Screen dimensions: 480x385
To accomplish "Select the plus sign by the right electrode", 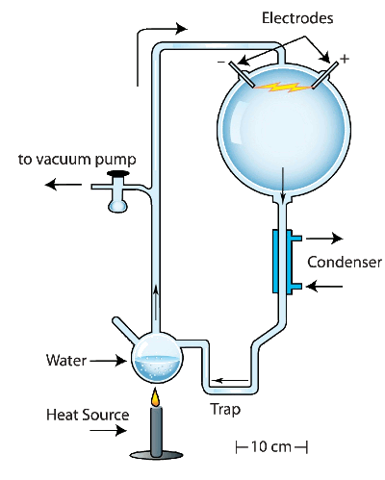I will pyautogui.click(x=345, y=60).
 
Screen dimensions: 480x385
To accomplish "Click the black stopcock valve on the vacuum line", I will pyautogui.click(x=117, y=175).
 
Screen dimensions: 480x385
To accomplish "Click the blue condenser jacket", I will pyautogui.click(x=279, y=261).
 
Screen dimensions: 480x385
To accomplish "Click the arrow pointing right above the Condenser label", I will pyautogui.click(x=326, y=236).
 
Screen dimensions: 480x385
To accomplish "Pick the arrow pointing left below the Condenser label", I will pyautogui.click(x=326, y=286).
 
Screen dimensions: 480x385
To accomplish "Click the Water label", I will pyautogui.click(x=66, y=362).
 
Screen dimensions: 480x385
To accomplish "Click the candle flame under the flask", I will pyautogui.click(x=154, y=397).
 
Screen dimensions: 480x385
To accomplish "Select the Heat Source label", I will pyautogui.click(x=88, y=416).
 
